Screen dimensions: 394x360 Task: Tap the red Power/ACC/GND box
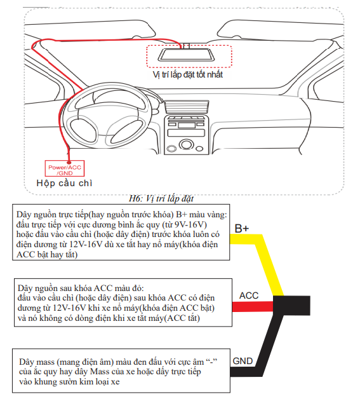point(65,168)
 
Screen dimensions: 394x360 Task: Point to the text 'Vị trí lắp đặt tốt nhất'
point(188,74)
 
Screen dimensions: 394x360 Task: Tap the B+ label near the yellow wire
point(242,228)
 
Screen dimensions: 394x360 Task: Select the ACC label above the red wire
point(248,295)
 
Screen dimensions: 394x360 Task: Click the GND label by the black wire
point(243,361)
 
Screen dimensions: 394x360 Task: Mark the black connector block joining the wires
point(291,305)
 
